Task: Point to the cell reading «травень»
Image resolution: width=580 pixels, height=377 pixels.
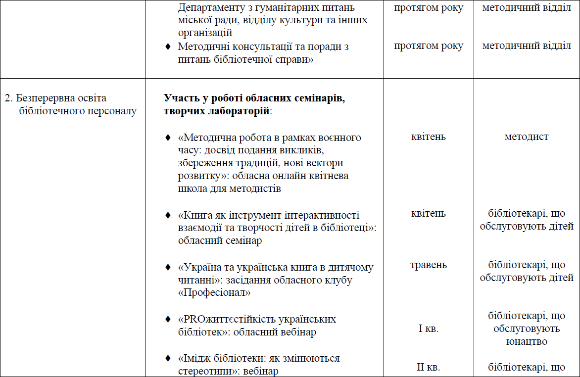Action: (428, 265)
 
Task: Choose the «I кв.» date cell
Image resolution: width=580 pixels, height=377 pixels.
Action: (428, 329)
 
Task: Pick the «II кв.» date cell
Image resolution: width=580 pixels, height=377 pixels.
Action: (428, 367)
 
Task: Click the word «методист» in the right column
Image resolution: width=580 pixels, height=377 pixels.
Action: (526, 137)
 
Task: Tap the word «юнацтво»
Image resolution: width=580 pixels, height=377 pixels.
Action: (526, 341)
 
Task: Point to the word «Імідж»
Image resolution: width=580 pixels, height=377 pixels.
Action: (195, 358)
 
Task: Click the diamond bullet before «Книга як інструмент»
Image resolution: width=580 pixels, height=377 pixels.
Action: (168, 216)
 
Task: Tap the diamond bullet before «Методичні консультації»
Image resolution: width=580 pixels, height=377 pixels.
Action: (168, 47)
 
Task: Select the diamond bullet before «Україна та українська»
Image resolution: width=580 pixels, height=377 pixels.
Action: (168, 267)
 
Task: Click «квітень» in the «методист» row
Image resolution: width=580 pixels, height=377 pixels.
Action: (428, 137)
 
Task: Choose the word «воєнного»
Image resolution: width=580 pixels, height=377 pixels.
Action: (340, 137)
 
